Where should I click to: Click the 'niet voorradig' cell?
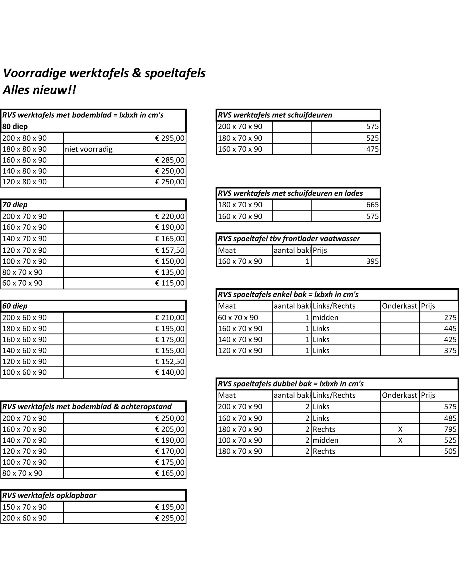pyautogui.click(x=89, y=149)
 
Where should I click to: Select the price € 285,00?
pyautogui.click(x=170, y=160)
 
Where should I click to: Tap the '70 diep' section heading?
pyautogui.click(x=15, y=205)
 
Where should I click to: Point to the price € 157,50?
pyautogui.click(x=170, y=250)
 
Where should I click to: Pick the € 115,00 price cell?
pyautogui.click(x=170, y=283)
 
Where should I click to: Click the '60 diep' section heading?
pyautogui.click(x=15, y=306)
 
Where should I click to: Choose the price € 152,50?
pyautogui.click(x=170, y=361)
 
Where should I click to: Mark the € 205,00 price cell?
pyautogui.click(x=170, y=429)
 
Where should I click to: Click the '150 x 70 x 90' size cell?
pyautogui.click(x=24, y=507)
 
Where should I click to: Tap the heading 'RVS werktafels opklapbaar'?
pyautogui.click(x=49, y=496)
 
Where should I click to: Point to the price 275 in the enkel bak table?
pyautogui.click(x=450, y=318)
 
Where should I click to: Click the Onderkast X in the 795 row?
pyautogui.click(x=400, y=429)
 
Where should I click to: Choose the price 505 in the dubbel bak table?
pyautogui.click(x=450, y=451)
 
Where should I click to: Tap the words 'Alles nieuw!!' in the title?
pyautogui.click(x=40, y=90)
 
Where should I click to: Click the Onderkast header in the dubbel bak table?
pyautogui.click(x=399, y=395)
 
